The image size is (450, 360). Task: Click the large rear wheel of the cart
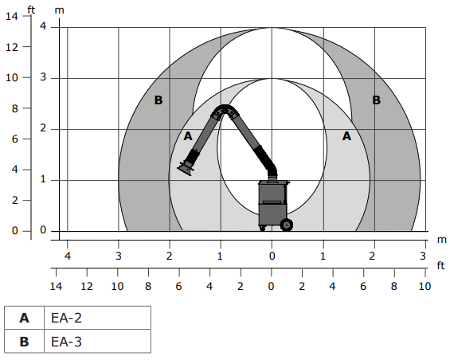coord(287,225)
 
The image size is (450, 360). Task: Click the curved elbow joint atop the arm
coord(225,111)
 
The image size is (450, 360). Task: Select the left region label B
coord(158,100)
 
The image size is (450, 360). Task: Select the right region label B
coord(376,100)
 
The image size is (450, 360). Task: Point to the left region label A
coord(188,136)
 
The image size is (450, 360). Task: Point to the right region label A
coord(346,136)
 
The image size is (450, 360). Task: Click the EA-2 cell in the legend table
coord(98,318)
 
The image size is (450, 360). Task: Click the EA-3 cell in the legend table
coord(98,341)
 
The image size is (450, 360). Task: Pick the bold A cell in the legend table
coord(25,318)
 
